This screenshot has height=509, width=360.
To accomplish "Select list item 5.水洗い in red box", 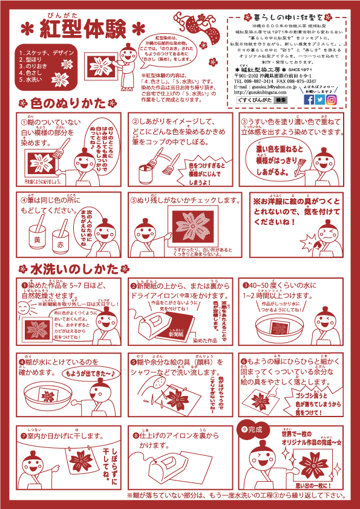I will pos(32,79).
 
